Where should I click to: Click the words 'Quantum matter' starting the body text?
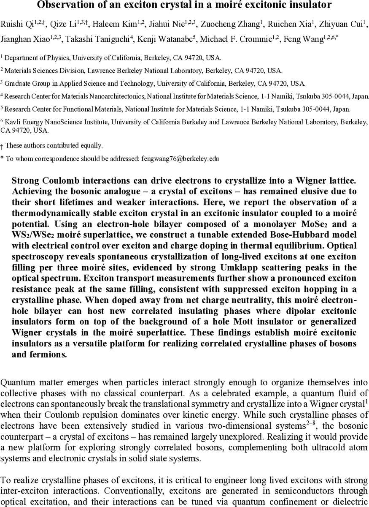[23, 383]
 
